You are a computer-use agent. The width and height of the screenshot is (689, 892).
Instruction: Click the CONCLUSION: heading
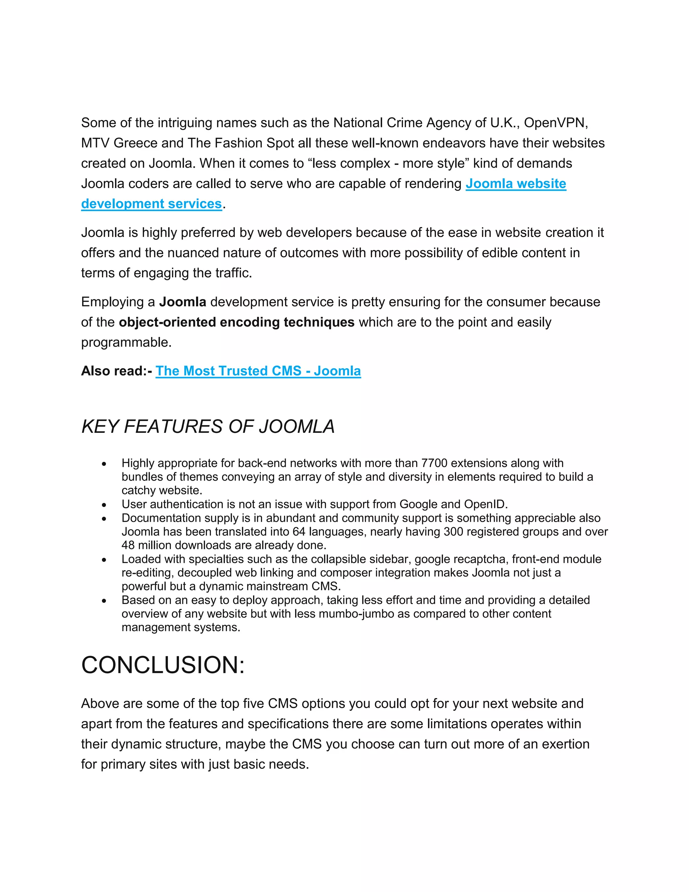163,665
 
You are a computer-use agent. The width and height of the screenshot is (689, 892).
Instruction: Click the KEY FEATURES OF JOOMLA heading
208,427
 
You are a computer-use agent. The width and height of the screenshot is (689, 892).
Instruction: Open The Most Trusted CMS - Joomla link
258,371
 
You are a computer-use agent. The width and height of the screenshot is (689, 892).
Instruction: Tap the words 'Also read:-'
116,371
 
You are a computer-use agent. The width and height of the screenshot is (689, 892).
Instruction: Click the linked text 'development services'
151,204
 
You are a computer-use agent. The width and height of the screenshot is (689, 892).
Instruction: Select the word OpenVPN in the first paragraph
555,123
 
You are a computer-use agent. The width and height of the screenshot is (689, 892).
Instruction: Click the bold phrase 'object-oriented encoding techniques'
236,322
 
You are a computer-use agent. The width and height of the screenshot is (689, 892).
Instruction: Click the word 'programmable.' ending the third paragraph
126,342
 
